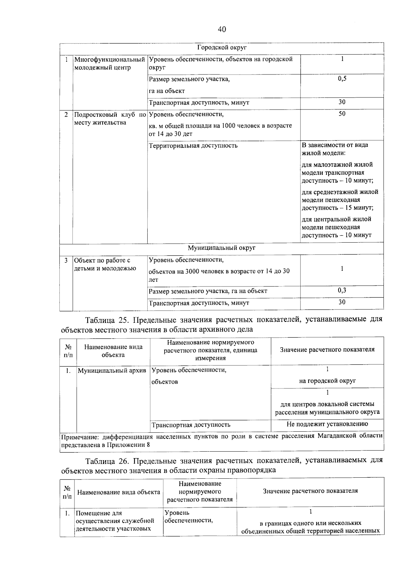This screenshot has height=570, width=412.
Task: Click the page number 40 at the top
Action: (x=222, y=30)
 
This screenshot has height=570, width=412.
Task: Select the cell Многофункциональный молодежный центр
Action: (x=109, y=63)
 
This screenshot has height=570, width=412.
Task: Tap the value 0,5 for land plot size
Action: (x=342, y=79)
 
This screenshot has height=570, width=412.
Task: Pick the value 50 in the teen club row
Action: (x=342, y=114)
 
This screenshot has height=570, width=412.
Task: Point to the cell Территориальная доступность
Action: (x=193, y=146)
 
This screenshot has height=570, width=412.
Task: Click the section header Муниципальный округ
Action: (x=222, y=248)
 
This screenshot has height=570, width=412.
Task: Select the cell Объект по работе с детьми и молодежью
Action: (x=105, y=264)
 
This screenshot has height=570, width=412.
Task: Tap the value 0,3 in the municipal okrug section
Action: (x=342, y=291)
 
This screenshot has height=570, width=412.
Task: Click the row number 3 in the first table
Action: (x=66, y=260)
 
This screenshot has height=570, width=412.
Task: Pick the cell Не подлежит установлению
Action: (x=327, y=424)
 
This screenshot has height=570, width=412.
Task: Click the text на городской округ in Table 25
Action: (x=327, y=381)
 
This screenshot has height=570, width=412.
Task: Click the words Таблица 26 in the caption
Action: (x=106, y=461)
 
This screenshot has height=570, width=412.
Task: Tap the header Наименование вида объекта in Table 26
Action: (x=118, y=492)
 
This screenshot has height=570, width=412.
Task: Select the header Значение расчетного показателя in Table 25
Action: (x=327, y=350)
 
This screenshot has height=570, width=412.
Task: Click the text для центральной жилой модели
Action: (x=336, y=219)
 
